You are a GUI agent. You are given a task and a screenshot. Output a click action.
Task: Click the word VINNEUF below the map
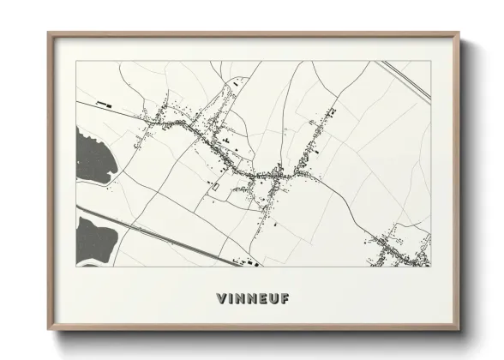point(253,299)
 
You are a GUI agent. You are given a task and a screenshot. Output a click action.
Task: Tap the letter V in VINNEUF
point(222,299)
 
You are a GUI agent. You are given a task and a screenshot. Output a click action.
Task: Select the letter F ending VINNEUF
point(285,299)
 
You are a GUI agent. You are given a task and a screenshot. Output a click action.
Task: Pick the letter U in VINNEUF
point(274,299)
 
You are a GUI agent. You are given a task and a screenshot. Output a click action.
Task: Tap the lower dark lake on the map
point(94,237)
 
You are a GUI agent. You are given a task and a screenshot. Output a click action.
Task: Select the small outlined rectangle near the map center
point(214,186)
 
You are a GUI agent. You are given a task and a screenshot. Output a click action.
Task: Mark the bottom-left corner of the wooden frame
point(49,329)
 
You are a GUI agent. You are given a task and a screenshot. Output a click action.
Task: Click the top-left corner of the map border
point(77,62)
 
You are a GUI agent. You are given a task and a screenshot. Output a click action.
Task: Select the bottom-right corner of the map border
point(430,267)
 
